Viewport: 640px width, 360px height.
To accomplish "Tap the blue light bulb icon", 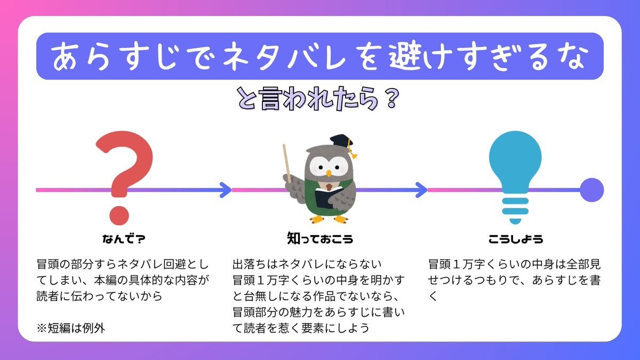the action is tap(515, 171).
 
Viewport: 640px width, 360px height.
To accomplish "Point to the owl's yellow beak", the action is tap(329, 173).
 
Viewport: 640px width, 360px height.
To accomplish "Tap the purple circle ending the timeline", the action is tap(591, 190).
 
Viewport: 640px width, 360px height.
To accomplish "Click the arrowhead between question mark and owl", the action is tap(226, 190).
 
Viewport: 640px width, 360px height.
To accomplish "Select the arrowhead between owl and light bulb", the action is tap(421, 190).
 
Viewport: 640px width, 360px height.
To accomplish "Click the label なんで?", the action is tap(124, 238).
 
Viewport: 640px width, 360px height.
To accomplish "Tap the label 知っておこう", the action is tap(320, 238).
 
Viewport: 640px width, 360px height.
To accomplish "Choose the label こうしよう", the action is tap(516, 238).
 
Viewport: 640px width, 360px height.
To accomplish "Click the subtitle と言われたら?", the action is tap(318, 99).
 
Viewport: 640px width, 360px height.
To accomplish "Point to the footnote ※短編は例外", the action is tap(71, 328).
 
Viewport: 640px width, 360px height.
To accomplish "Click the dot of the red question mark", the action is tap(119, 215).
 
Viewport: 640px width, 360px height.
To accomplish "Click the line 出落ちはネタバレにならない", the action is tap(307, 264).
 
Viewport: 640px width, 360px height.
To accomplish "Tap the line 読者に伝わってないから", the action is tap(99, 296).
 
